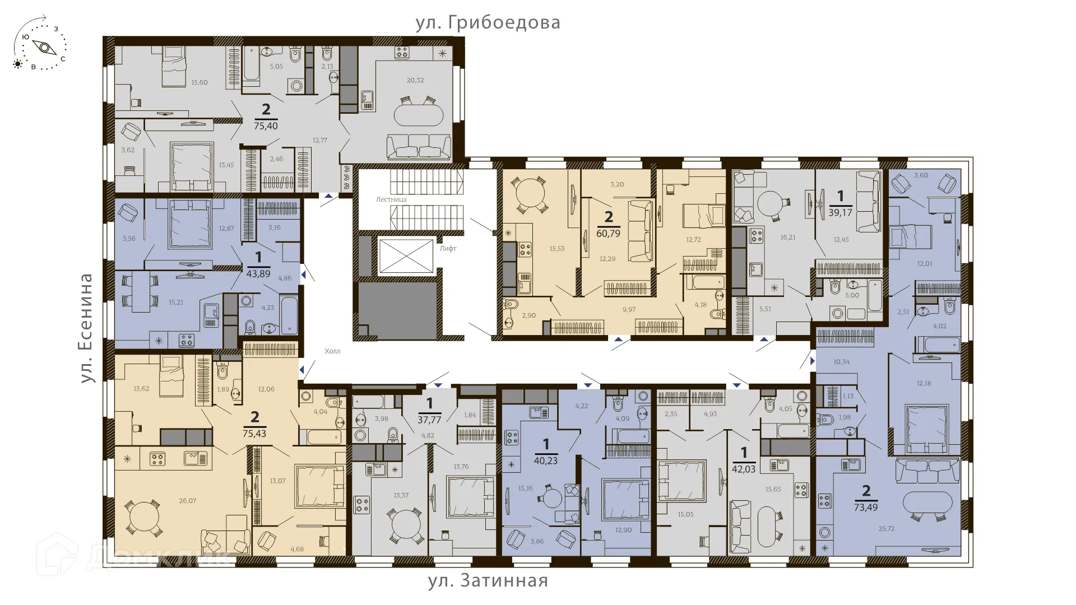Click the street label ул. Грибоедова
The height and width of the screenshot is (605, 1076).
coord(488,23)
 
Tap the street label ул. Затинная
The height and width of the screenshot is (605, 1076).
coord(488,580)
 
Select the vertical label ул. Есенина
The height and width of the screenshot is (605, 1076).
coord(86,328)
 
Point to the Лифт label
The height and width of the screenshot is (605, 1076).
coord(448,248)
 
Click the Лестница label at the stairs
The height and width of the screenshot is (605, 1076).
coord(391,199)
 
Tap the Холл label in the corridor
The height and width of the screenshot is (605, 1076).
coord(332,351)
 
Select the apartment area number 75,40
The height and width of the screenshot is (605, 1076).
coord(266,126)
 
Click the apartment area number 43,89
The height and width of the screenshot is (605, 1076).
coord(258,274)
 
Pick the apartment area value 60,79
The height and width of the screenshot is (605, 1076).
coord(608,233)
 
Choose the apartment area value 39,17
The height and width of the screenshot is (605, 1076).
coord(840,212)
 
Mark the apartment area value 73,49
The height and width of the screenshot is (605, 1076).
coord(866,508)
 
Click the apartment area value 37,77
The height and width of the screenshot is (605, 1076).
coord(429,420)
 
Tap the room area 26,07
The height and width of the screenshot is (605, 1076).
coord(187,501)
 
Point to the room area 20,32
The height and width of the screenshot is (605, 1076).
coord(415,80)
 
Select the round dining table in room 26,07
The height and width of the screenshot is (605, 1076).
coord(142,518)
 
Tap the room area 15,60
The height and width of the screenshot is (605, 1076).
coord(200,82)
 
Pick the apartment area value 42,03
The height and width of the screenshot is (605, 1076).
coord(744,469)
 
